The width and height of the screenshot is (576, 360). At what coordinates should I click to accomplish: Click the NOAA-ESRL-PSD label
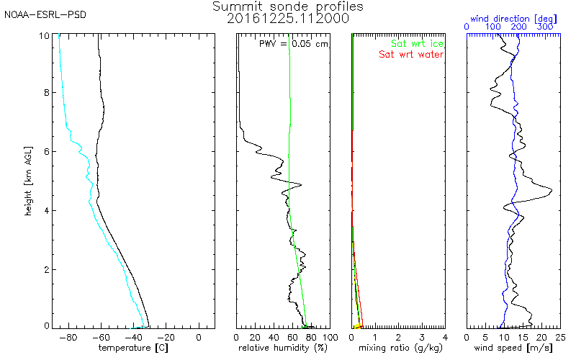45,15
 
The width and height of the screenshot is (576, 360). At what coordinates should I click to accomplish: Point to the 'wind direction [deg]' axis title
512,15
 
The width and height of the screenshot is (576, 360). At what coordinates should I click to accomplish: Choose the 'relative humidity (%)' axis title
283,348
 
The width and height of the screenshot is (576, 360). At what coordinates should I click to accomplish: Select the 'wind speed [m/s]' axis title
513,348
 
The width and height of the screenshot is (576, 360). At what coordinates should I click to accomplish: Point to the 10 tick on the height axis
45,35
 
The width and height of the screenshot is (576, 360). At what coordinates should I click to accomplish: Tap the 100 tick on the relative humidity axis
328,336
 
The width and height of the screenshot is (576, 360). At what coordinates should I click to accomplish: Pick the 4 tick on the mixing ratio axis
445,336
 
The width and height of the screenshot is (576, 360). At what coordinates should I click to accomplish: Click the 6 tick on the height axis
47,152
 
